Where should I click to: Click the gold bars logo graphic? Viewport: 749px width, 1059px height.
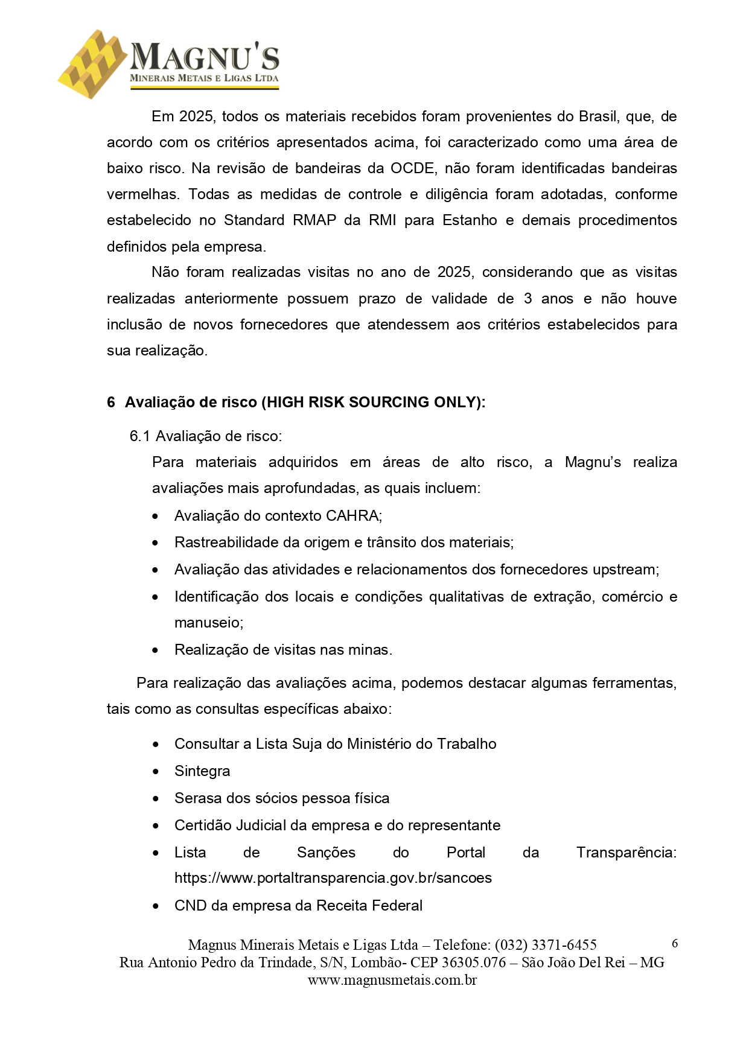coord(94,63)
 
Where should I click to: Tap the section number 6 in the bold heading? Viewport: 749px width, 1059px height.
coord(111,402)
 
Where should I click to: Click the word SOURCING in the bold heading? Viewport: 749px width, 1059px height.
coord(389,402)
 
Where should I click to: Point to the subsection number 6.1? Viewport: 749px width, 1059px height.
coord(139,436)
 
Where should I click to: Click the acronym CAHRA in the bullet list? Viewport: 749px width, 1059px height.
coord(353,516)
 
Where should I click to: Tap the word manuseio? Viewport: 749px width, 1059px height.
coord(208,623)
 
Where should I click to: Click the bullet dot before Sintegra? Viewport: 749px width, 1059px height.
coord(156,772)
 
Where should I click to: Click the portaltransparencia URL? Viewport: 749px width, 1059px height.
coord(333,878)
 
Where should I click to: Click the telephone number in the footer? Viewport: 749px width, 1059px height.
coord(546,945)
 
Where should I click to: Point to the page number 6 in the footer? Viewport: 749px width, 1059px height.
coord(675,944)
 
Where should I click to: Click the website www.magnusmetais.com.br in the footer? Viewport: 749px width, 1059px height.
coord(392,980)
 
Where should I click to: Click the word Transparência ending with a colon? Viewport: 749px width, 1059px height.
coord(626,853)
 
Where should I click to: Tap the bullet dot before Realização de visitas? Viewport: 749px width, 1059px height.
coord(156,650)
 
